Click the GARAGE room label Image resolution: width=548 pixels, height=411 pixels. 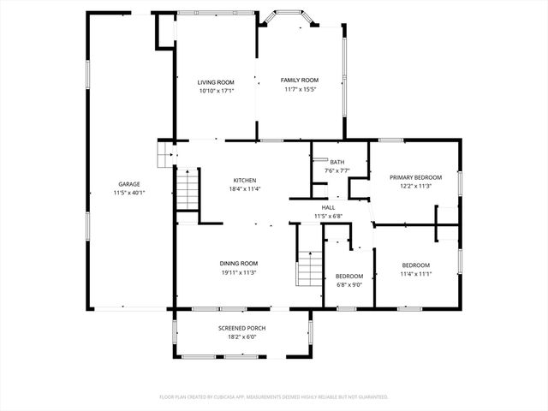coord(129,184)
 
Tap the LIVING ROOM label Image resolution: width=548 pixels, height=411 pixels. coord(216,81)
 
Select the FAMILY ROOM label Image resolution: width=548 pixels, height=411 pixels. coord(300,80)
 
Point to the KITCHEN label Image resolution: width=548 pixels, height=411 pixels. coord(246,180)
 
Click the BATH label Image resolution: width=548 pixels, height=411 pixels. coord(337,162)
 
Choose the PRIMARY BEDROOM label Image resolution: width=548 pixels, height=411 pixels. coord(415,177)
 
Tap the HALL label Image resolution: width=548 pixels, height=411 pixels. coord(329,207)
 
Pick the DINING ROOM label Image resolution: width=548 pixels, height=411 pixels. coord(239,263)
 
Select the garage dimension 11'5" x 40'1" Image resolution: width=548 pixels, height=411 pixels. coord(129,193)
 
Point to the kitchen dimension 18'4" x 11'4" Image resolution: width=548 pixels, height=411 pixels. coord(246,189)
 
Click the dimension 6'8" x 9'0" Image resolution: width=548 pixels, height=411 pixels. coord(348,284)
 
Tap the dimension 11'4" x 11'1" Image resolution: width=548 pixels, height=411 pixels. coord(415,274)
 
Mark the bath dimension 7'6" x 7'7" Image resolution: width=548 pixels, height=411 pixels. coord(337,170)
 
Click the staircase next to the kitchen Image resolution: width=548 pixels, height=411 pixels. coord(188,190)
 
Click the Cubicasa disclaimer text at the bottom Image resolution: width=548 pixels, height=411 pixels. coord(274,396)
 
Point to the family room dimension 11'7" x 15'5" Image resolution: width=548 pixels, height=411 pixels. coord(300,89)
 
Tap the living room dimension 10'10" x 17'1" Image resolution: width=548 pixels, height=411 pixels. coord(216,90)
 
